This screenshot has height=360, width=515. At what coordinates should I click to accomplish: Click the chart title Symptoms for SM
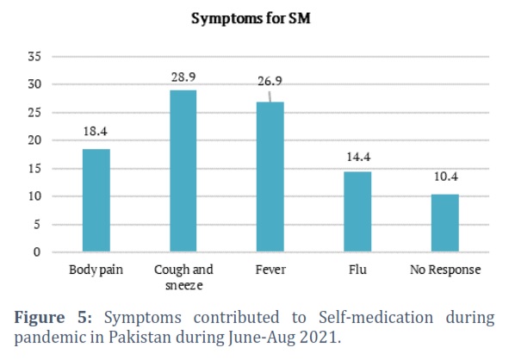(x=251, y=18)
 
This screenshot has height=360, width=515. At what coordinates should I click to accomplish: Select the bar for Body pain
(x=96, y=201)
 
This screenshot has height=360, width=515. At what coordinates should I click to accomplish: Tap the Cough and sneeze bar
(x=183, y=171)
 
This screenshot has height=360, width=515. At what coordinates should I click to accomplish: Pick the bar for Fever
(x=270, y=177)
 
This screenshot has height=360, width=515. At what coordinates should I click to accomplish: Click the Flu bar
(x=357, y=212)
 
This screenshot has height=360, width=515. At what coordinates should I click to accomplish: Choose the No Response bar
(x=445, y=223)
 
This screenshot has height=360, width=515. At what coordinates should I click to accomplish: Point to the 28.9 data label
(x=183, y=78)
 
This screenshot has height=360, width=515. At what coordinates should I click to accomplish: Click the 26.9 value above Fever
(x=270, y=81)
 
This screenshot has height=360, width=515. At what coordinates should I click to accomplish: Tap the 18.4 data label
(x=96, y=132)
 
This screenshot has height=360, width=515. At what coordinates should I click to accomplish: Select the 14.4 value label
(x=358, y=157)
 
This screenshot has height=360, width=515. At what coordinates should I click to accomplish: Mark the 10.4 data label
(x=446, y=177)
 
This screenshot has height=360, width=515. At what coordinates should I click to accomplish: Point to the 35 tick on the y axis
(x=34, y=57)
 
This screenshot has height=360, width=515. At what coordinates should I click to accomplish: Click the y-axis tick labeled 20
(x=34, y=140)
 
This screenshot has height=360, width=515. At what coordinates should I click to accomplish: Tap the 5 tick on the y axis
(x=37, y=225)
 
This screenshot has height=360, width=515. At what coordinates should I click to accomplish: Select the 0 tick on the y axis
(x=37, y=252)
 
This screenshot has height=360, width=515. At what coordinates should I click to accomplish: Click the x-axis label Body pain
(x=96, y=270)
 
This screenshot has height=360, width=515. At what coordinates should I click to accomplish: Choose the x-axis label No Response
(x=445, y=270)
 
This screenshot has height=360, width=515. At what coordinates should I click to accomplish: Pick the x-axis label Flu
(x=357, y=270)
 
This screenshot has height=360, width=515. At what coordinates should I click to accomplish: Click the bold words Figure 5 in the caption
(x=53, y=318)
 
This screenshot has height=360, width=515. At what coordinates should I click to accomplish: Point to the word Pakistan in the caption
(x=140, y=338)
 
